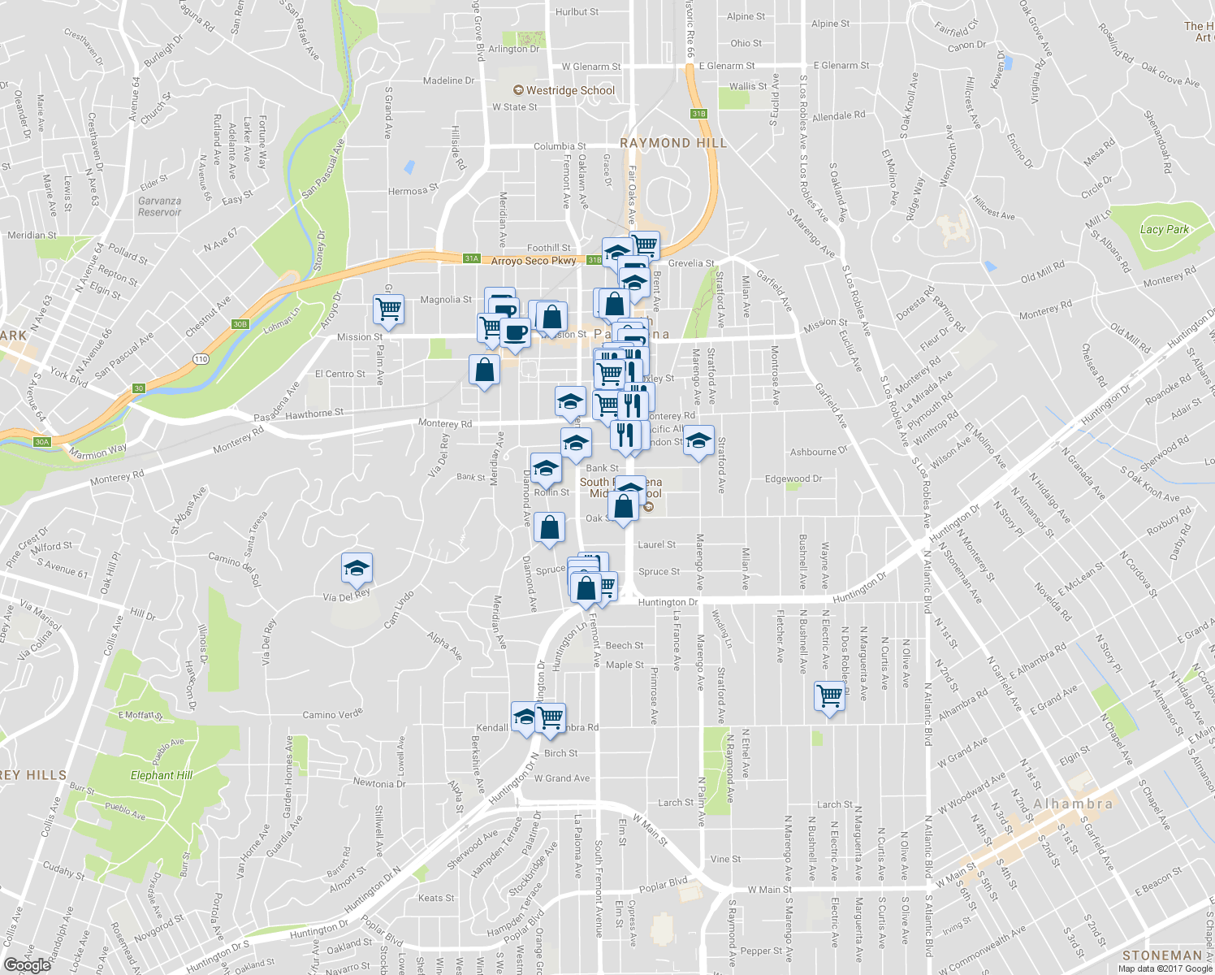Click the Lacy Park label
click(x=1164, y=229)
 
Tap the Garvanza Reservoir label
click(x=159, y=206)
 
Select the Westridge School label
click(x=570, y=90)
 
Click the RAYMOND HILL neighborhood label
click(x=673, y=143)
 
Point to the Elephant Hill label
click(x=162, y=775)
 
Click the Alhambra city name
click(x=1073, y=804)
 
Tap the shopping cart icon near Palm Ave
click(x=389, y=310)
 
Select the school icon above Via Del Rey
click(x=357, y=569)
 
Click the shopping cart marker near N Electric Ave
click(x=829, y=696)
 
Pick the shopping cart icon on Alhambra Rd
click(x=551, y=717)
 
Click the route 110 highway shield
click(x=201, y=358)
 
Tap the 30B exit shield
click(x=240, y=324)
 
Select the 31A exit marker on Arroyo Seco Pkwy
click(x=472, y=258)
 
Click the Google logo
click(x=27, y=964)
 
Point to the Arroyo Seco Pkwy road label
click(x=533, y=261)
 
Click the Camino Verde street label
click(x=332, y=715)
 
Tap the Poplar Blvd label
click(x=663, y=884)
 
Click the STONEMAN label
click(x=1161, y=955)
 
